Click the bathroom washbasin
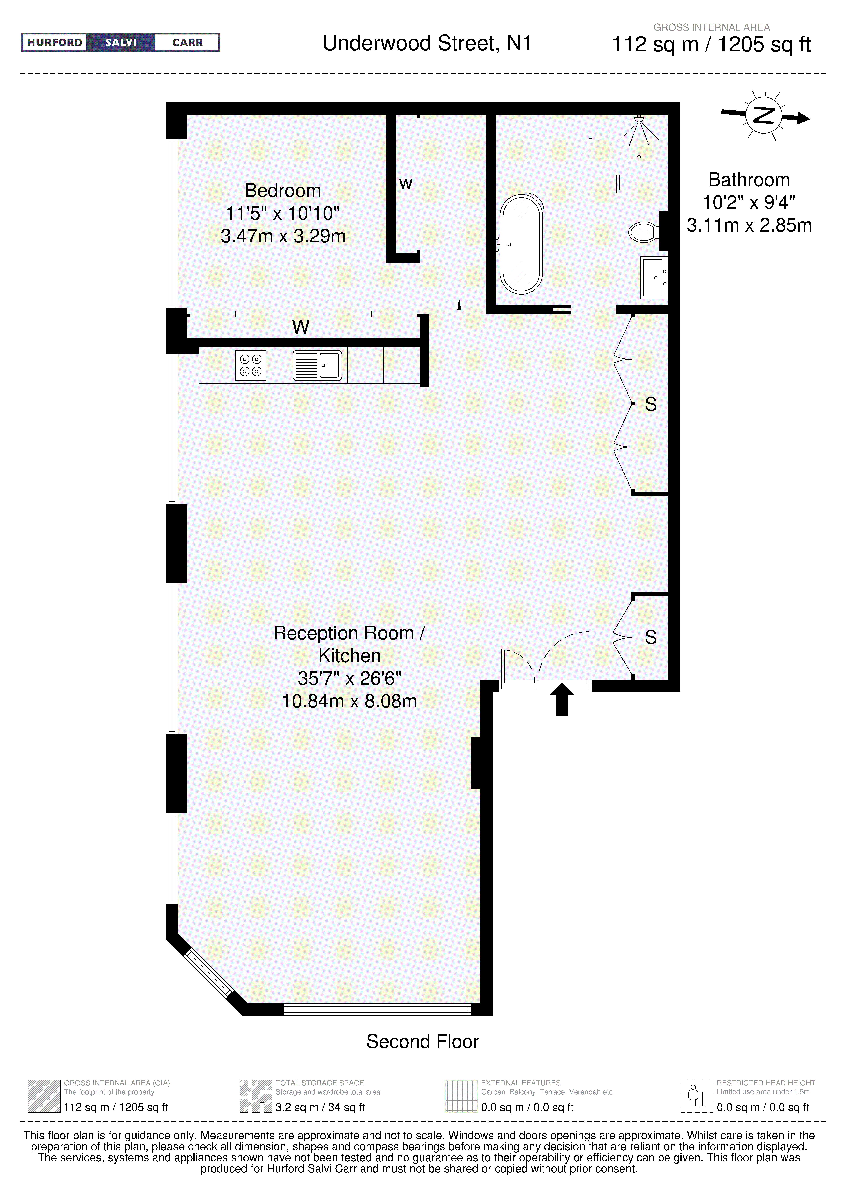click(x=654, y=277)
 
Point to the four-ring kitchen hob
click(x=250, y=365)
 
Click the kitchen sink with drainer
click(x=317, y=365)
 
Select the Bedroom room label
click(x=283, y=191)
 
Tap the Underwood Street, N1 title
click(x=427, y=43)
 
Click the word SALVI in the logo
click(x=121, y=42)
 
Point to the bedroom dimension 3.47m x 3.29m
click(x=283, y=236)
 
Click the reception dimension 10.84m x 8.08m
click(x=349, y=701)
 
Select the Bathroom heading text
click(x=749, y=180)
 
